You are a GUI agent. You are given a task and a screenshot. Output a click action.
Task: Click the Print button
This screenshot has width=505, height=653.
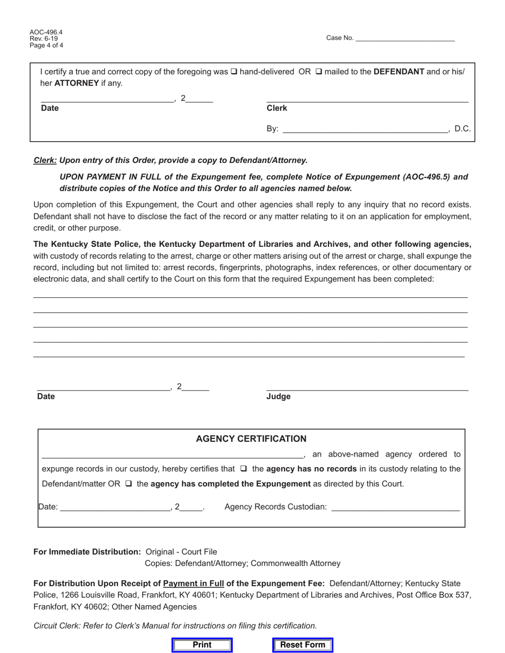pos(202,645)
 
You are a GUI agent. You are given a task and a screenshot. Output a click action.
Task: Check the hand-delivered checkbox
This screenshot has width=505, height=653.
pos(234,72)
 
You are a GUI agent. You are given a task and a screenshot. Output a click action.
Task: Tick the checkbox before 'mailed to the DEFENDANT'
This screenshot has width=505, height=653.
pos(319,72)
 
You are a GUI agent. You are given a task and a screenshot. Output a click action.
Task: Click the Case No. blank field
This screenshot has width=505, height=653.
pos(405,38)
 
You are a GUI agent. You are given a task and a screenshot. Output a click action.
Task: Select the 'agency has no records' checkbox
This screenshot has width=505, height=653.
pos(243,469)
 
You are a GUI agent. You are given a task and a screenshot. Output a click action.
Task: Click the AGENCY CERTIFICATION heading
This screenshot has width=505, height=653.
pos(251,439)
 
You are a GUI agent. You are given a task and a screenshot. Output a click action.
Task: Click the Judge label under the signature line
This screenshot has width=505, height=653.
pos(278,397)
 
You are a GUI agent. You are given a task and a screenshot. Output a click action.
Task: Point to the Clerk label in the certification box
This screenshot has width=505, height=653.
pos(276,108)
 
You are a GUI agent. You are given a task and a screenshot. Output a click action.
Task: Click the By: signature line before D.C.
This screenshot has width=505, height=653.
pos(365,129)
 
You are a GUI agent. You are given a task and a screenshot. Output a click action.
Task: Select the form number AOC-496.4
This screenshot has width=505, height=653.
pos(46,32)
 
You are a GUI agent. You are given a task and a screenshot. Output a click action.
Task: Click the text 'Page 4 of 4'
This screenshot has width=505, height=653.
pos(46,46)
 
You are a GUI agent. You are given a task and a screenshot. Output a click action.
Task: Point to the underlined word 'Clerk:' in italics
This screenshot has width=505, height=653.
pos(45,160)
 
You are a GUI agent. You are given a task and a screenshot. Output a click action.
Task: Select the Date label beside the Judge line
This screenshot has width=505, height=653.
pos(46,397)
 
